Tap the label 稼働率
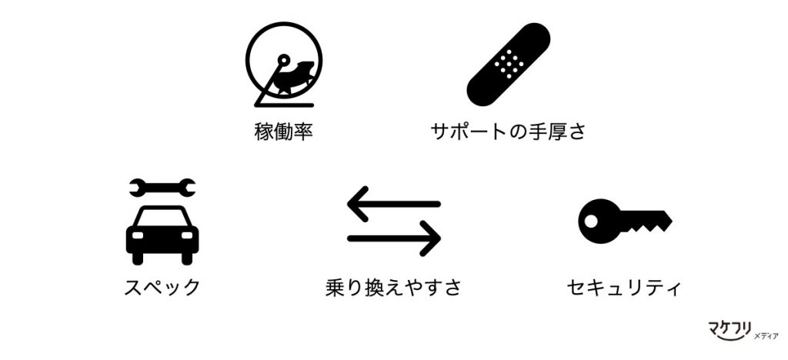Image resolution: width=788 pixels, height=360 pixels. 284,132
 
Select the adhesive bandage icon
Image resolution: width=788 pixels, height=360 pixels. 509,65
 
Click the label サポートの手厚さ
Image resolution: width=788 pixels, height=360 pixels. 508,132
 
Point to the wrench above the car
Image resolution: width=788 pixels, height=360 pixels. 162,188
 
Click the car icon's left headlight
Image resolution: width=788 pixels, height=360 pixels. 137,235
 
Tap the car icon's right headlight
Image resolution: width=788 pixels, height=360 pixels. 187,235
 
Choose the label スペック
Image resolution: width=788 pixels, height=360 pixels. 162,288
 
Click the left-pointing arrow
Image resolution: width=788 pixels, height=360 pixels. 394,204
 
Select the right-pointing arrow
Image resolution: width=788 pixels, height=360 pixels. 394,238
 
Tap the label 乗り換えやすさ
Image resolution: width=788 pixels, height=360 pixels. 393,288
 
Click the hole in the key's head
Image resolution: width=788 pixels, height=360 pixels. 592,221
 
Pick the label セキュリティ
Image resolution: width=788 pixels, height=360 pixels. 623,288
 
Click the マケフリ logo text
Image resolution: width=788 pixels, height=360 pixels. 730,329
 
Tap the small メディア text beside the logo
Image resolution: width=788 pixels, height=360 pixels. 766,336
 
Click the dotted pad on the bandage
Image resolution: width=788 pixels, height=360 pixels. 509,64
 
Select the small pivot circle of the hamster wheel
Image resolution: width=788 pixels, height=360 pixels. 284,60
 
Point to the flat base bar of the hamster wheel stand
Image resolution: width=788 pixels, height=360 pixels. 285,105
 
